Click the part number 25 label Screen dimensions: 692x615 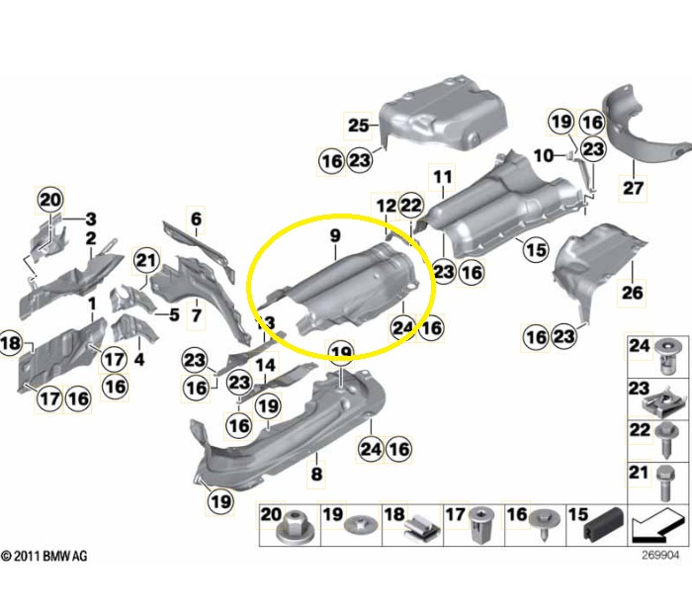pos(358,126)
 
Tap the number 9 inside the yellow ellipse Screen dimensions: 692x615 pos(335,235)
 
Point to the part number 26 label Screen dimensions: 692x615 pos(632,293)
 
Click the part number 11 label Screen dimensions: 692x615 pos(443,177)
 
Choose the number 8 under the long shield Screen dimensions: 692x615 pos(316,475)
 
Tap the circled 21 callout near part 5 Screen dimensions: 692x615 pos(146,260)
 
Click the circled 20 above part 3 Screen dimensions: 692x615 pos(49,200)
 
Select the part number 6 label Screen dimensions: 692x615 pos(196,219)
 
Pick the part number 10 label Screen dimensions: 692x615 pos(544,155)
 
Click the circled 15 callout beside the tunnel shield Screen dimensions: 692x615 pos(536,250)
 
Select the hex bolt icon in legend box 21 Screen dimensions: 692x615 pos(664,483)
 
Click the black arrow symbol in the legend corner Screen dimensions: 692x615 pos(656,525)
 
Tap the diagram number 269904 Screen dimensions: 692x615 pos(660,555)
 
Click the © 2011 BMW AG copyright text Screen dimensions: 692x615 pos(44,556)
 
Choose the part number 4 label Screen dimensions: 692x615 pos(139,359)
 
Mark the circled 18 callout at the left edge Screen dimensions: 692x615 pos(10,343)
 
